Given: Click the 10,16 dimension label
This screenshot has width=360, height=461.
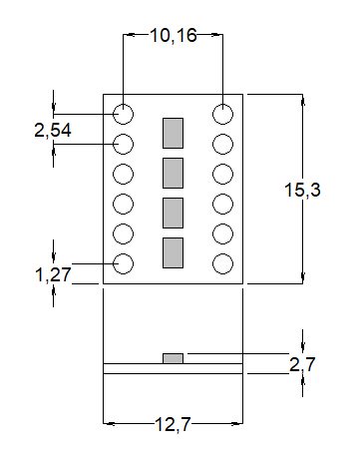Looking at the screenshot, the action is [174, 35].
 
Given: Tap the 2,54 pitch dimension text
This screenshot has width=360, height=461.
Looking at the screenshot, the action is [53, 130].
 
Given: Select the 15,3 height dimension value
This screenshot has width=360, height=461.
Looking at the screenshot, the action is [302, 190].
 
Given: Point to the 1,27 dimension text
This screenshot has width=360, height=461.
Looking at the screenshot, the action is [53, 275].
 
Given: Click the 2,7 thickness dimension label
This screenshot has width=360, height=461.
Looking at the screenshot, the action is [302, 365].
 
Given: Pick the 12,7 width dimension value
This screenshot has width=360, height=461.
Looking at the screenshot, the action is [173, 424].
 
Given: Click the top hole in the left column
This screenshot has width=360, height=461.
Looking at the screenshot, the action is [124, 114].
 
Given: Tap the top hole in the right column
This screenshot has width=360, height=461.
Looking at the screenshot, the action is [222, 114].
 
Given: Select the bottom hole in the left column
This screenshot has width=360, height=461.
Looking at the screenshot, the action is [124, 263].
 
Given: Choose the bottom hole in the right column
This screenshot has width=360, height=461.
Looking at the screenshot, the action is [222, 263].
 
